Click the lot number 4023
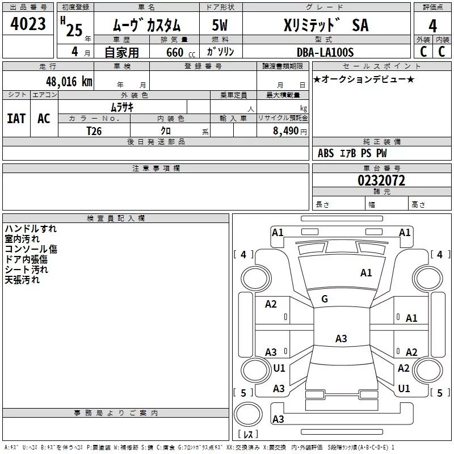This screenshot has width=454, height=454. point(28,24)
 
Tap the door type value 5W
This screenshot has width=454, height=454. point(220,26)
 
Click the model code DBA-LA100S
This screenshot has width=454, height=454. point(325,52)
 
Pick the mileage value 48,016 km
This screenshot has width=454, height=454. point(69,81)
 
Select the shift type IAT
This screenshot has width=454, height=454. point(16,118)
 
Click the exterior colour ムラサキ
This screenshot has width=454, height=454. point(121,107)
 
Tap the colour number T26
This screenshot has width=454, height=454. point(94,131)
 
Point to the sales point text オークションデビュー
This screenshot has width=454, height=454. point(364,79)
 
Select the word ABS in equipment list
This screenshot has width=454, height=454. point(326,153)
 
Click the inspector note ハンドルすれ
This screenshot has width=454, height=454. point(31,229)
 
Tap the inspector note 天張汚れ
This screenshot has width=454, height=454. point(22,280)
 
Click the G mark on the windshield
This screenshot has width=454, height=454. point(325,299)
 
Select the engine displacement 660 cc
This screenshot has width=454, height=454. point(176,53)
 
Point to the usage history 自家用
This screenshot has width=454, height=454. point(121,53)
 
